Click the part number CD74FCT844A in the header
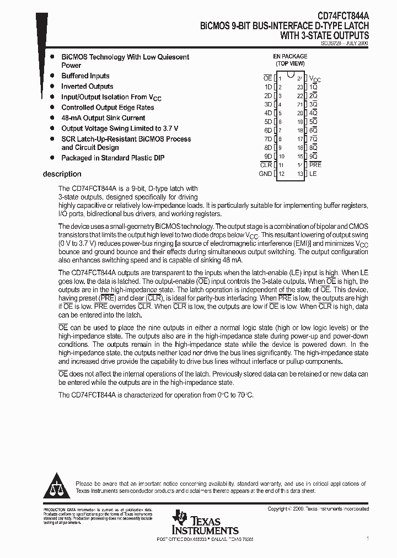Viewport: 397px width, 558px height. (341, 17)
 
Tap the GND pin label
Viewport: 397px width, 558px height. (265, 174)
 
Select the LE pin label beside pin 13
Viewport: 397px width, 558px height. (313, 174)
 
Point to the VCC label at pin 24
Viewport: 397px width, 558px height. (315, 79)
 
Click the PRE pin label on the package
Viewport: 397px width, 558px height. (315, 165)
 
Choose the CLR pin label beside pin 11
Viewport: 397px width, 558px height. (266, 165)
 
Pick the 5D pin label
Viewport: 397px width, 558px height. (268, 122)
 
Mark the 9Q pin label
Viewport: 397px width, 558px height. (313, 156)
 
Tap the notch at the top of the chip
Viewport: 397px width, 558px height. (290, 74)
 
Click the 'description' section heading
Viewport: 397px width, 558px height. (62, 174)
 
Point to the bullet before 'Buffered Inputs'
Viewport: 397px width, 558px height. (52, 76)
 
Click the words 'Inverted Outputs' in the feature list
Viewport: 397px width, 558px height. (87, 87)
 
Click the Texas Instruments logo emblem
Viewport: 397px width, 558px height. (179, 519)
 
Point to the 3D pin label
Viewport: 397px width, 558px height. (268, 104)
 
